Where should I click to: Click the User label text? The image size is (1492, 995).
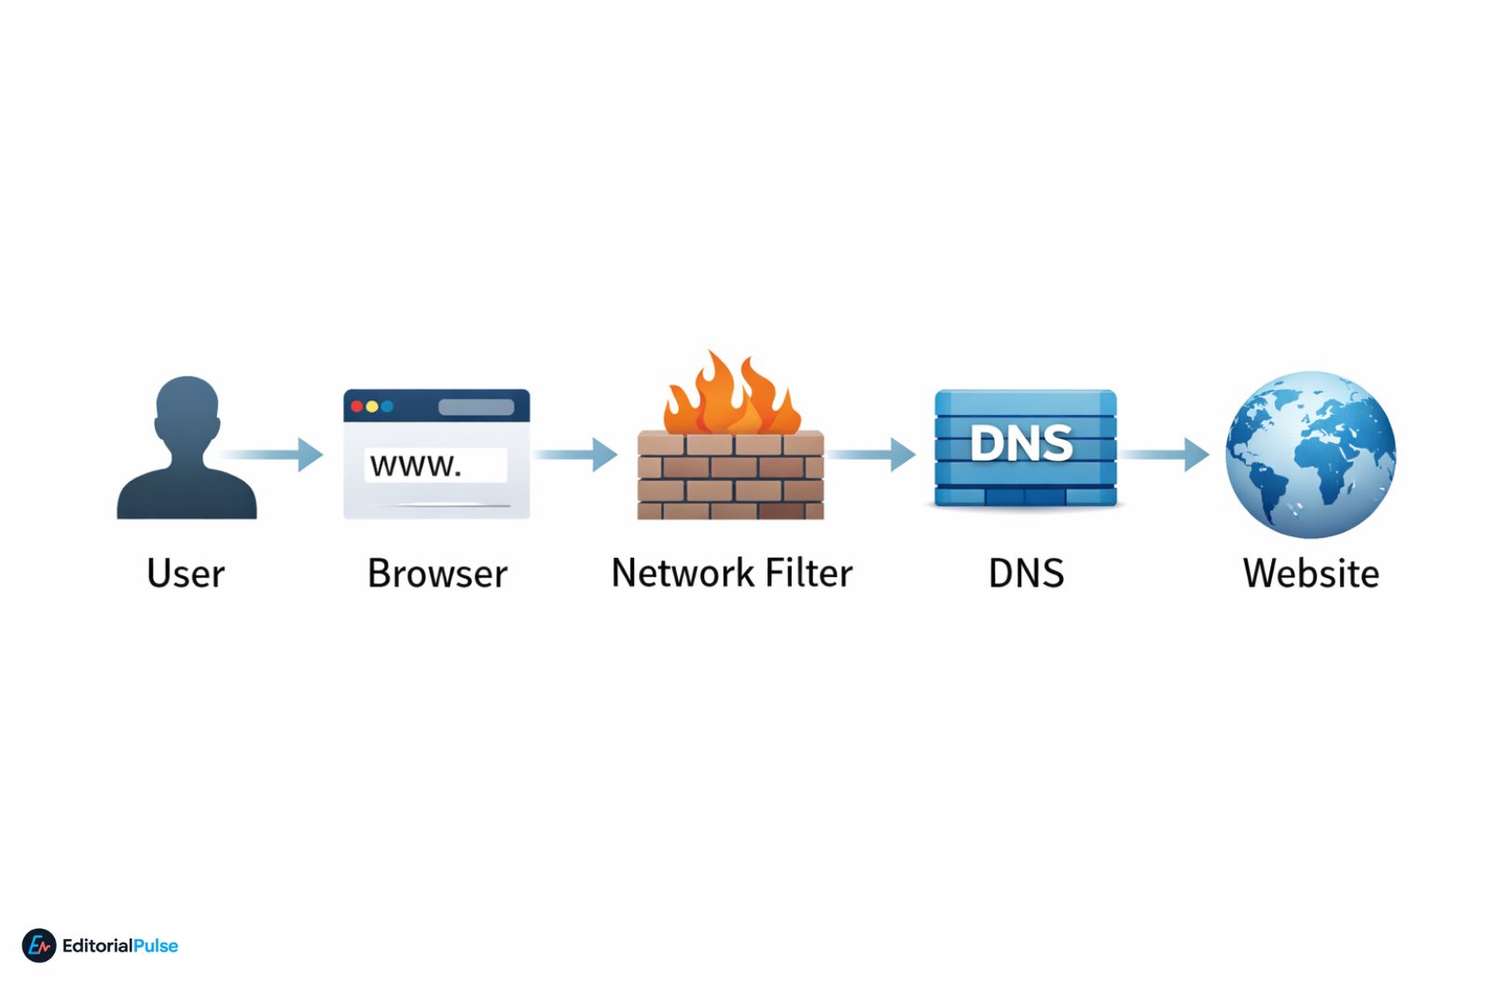click(x=186, y=573)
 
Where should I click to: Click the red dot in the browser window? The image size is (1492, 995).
click(x=356, y=407)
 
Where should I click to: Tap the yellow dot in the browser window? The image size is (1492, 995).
click(x=372, y=407)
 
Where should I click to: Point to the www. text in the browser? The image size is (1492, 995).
click(x=416, y=464)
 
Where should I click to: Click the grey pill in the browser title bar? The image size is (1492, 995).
click(x=476, y=407)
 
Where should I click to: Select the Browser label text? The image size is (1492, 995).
click(x=437, y=573)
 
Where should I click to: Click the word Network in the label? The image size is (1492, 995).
click(x=682, y=573)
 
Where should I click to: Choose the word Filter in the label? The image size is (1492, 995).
click(x=808, y=573)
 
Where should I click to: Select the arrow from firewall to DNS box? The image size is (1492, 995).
click(x=871, y=454)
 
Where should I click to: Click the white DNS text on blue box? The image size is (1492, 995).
click(x=1022, y=443)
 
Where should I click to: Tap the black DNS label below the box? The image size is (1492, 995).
click(x=1026, y=573)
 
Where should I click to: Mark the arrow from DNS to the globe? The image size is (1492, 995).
click(x=1164, y=454)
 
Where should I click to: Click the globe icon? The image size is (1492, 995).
click(x=1310, y=454)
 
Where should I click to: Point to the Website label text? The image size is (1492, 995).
click(x=1310, y=573)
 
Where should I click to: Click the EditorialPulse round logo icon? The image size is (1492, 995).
click(x=39, y=946)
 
